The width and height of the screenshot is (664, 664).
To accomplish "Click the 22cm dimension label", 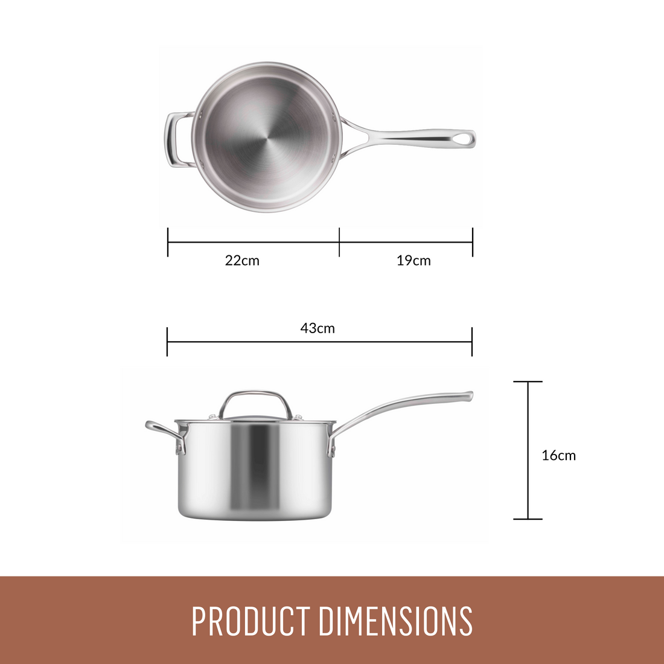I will coord(242,261).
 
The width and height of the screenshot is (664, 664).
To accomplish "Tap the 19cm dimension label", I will coord(413,261).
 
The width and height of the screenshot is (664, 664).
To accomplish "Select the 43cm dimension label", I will coord(318,328).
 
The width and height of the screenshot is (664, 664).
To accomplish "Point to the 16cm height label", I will coord(558,456).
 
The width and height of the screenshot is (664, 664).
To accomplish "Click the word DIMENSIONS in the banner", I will coord(395,621).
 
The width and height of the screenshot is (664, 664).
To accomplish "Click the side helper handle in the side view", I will coord(163,432).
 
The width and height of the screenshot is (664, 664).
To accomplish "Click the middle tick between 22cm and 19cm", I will coord(339,242).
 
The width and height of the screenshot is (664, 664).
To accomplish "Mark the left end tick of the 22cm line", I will coord(168,242).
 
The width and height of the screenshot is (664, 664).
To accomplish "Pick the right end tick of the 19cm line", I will coord(473,242).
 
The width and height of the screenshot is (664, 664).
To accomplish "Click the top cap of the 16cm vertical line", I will coord(528,381).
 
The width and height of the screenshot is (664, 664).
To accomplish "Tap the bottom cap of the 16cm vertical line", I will coord(528,519).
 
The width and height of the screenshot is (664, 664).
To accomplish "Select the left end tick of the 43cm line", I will coord(167,342).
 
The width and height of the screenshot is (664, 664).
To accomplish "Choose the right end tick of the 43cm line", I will coord(472,342).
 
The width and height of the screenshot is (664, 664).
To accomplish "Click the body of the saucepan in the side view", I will coord(255,471).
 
